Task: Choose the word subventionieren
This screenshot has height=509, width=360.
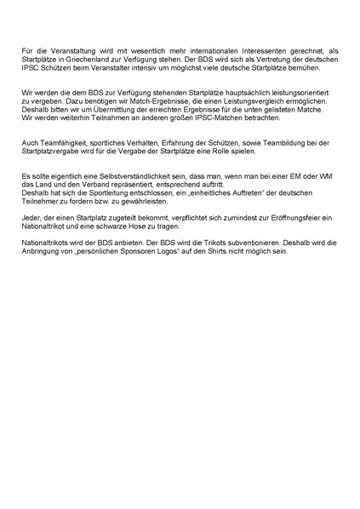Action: point(260,243)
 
